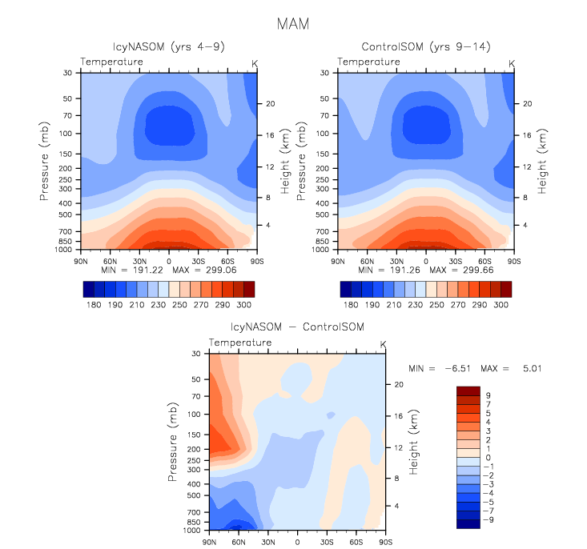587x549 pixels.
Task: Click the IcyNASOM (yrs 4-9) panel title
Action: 168,47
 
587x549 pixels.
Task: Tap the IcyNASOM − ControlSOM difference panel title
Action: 297,327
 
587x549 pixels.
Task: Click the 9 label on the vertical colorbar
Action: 487,395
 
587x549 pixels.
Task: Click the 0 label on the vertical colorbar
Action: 487,457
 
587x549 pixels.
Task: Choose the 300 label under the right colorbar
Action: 501,305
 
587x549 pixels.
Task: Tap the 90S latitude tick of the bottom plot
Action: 385,542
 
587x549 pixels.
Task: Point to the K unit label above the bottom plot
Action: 383,344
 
